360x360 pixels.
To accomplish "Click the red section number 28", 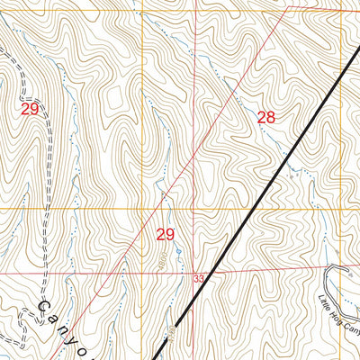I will tap(265, 116).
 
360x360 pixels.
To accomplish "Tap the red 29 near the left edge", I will tap(30, 108).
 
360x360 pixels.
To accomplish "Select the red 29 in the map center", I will tap(165, 234).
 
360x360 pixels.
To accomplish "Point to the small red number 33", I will tap(198, 280).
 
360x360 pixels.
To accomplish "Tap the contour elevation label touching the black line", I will tap(170, 335).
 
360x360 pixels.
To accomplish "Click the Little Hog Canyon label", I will tap(339, 315).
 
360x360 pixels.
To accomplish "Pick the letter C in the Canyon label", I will tap(42, 308).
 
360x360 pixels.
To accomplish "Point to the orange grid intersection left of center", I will tap(140, 209).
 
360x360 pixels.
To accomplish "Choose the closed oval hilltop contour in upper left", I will tap(114, 96).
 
